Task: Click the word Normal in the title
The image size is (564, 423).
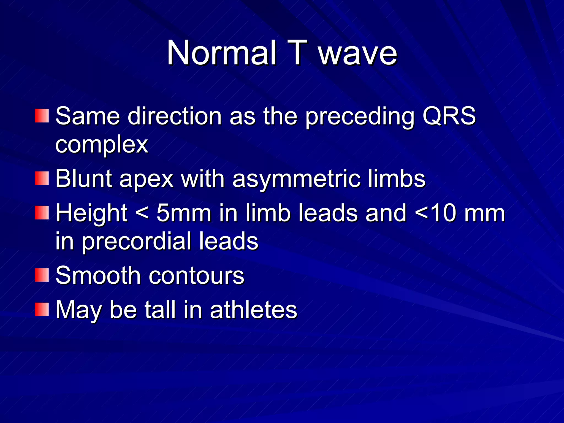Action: pyautogui.click(x=221, y=53)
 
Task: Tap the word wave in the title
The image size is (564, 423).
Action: pyautogui.click(x=358, y=53)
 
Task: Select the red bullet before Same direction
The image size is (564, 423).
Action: pyautogui.click(x=42, y=116)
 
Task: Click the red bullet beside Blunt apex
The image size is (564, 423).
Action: pyautogui.click(x=42, y=178)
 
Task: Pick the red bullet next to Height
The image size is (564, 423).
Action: pyautogui.click(x=42, y=213)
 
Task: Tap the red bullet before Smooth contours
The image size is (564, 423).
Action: pyautogui.click(x=42, y=275)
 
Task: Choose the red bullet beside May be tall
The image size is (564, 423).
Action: pyautogui.click(x=42, y=310)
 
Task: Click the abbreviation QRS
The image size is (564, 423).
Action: pyautogui.click(x=449, y=116)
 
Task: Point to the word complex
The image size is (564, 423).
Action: pyautogui.click(x=102, y=144)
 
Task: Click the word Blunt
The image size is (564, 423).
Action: pyautogui.click(x=83, y=178)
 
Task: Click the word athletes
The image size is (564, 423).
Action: pyautogui.click(x=253, y=310)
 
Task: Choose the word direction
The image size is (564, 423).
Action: pyautogui.click(x=175, y=116)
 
